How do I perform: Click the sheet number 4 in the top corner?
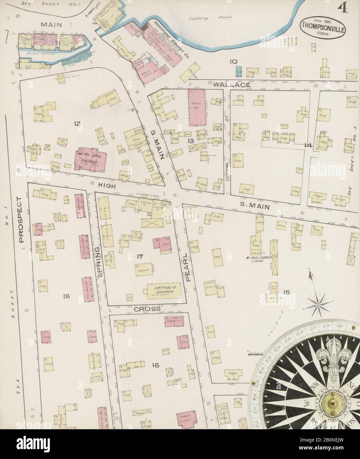coord(343,7)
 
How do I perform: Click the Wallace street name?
coord(227,85)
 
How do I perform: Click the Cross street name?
coord(147,309)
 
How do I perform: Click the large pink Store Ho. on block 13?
coord(197,107)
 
